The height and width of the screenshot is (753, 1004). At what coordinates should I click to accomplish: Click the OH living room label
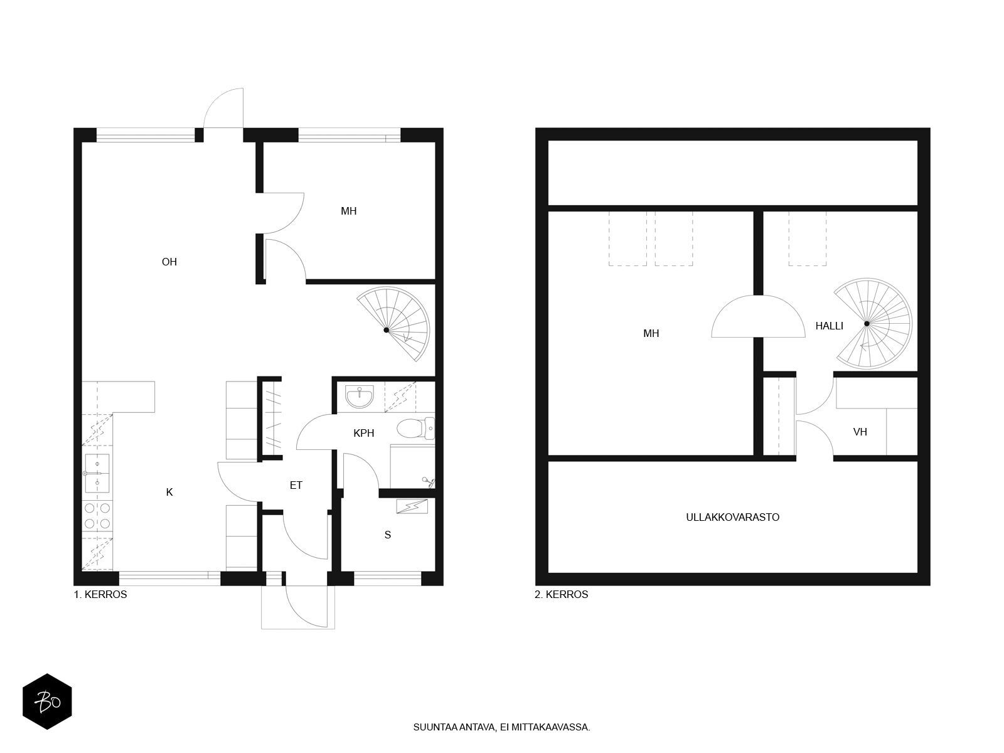tap(169, 262)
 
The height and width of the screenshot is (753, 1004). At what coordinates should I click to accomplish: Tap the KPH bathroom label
tap(363, 433)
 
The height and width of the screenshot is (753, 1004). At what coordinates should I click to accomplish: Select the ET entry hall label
tap(296, 485)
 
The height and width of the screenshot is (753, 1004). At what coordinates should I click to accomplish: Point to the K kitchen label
tap(169, 492)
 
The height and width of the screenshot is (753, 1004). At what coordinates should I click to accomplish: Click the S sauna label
tap(387, 535)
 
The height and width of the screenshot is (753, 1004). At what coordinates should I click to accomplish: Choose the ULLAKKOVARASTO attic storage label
tap(732, 517)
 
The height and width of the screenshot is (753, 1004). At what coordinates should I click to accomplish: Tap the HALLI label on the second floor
tap(829, 326)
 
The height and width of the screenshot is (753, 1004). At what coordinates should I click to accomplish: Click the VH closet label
tap(860, 432)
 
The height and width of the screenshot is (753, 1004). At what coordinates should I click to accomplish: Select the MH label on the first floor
tap(348, 211)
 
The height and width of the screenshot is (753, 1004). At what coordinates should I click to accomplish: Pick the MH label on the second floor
tap(651, 334)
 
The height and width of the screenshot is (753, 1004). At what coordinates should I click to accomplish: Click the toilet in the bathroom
tap(415, 429)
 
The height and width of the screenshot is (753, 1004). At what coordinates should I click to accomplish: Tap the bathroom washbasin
tap(360, 397)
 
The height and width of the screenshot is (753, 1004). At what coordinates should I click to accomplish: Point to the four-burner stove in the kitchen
tap(97, 515)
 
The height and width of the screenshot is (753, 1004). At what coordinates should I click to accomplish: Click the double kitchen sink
tap(97, 473)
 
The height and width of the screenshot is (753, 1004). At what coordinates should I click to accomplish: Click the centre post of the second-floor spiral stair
tap(867, 324)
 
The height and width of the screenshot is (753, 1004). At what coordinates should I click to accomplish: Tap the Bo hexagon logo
tap(47, 702)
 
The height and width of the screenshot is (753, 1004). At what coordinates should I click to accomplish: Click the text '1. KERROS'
tap(100, 594)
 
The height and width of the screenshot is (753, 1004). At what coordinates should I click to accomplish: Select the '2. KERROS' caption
tap(561, 594)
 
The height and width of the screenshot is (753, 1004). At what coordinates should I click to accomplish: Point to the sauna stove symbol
tap(412, 506)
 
